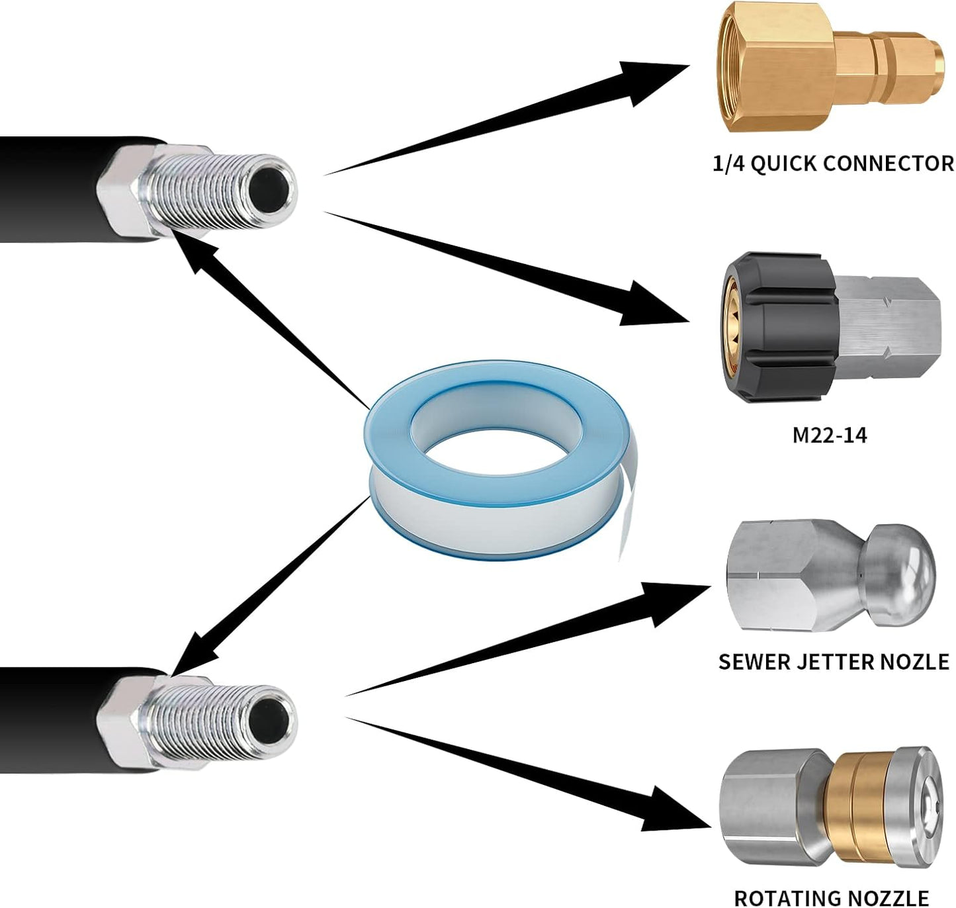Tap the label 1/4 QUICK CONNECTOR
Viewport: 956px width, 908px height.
pyautogui.click(x=833, y=163)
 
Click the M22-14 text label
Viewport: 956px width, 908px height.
pyautogui.click(x=829, y=435)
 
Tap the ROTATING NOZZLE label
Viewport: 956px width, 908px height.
pyautogui.click(x=831, y=897)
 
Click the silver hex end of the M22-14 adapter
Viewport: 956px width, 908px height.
pyautogui.click(x=890, y=328)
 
